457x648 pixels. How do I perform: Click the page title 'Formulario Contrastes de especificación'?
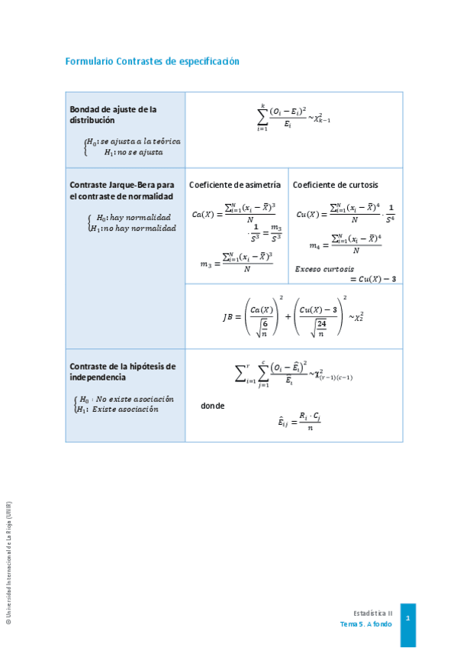[152, 61]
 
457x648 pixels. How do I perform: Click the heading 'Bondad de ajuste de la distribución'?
[113, 115]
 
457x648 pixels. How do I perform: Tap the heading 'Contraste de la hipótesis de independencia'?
[122, 371]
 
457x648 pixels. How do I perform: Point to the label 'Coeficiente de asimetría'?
[235, 185]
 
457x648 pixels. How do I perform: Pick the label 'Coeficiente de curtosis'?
[336, 185]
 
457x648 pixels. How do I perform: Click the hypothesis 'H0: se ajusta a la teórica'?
[133, 141]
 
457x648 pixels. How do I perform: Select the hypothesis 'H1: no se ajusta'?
[134, 152]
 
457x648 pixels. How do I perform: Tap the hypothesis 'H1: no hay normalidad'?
[133, 228]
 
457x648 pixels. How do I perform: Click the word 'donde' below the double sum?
[212, 406]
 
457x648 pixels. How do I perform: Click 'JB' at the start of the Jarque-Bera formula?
[228, 317]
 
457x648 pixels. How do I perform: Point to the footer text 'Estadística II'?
[373, 613]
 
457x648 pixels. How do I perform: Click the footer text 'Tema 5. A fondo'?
[366, 624]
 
